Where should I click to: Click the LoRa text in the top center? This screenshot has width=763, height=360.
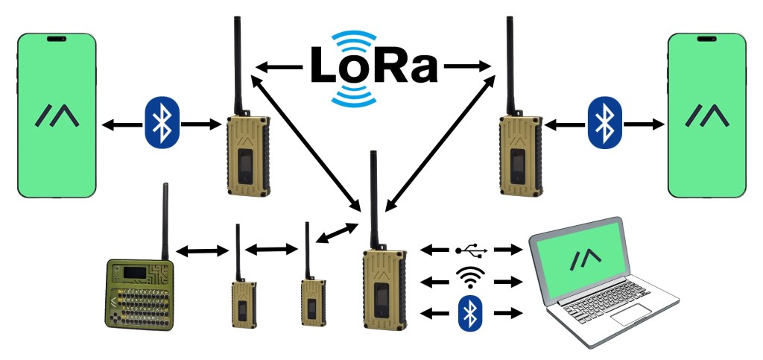pyautogui.click(x=374, y=67)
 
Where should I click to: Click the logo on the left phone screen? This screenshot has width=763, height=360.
pyautogui.click(x=57, y=116)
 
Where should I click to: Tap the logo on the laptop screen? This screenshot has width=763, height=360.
pyautogui.click(x=586, y=258)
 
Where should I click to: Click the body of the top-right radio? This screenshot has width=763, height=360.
pyautogui.click(x=519, y=153)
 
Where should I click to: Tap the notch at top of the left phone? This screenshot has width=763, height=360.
pyautogui.click(x=57, y=38)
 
